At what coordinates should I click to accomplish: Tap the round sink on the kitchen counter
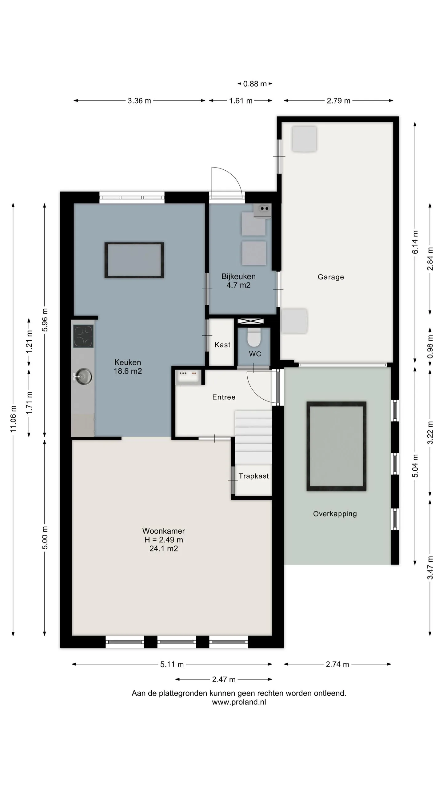[x=83, y=376]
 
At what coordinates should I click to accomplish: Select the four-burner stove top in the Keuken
[x=83, y=336]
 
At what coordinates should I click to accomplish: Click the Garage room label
[x=331, y=277]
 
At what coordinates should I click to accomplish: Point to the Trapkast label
[x=253, y=476]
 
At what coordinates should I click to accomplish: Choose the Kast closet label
[x=222, y=345]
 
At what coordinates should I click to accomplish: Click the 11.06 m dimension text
[x=13, y=419]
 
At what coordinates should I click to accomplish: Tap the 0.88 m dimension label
[x=255, y=84]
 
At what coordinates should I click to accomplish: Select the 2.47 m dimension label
[x=224, y=679]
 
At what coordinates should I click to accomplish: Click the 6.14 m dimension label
[x=415, y=242]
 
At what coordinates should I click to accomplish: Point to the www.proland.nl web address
[x=239, y=702]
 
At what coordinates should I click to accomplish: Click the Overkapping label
[x=335, y=514]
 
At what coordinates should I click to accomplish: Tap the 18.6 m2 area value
[x=128, y=371]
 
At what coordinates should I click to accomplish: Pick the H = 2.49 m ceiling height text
[x=164, y=540]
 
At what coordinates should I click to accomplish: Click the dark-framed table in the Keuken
[x=134, y=260]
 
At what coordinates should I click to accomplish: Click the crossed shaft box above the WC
[x=251, y=321]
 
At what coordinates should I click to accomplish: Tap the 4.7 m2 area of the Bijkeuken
[x=238, y=285]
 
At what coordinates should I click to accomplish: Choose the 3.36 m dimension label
[x=139, y=101]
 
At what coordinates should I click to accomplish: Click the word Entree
[x=224, y=397]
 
